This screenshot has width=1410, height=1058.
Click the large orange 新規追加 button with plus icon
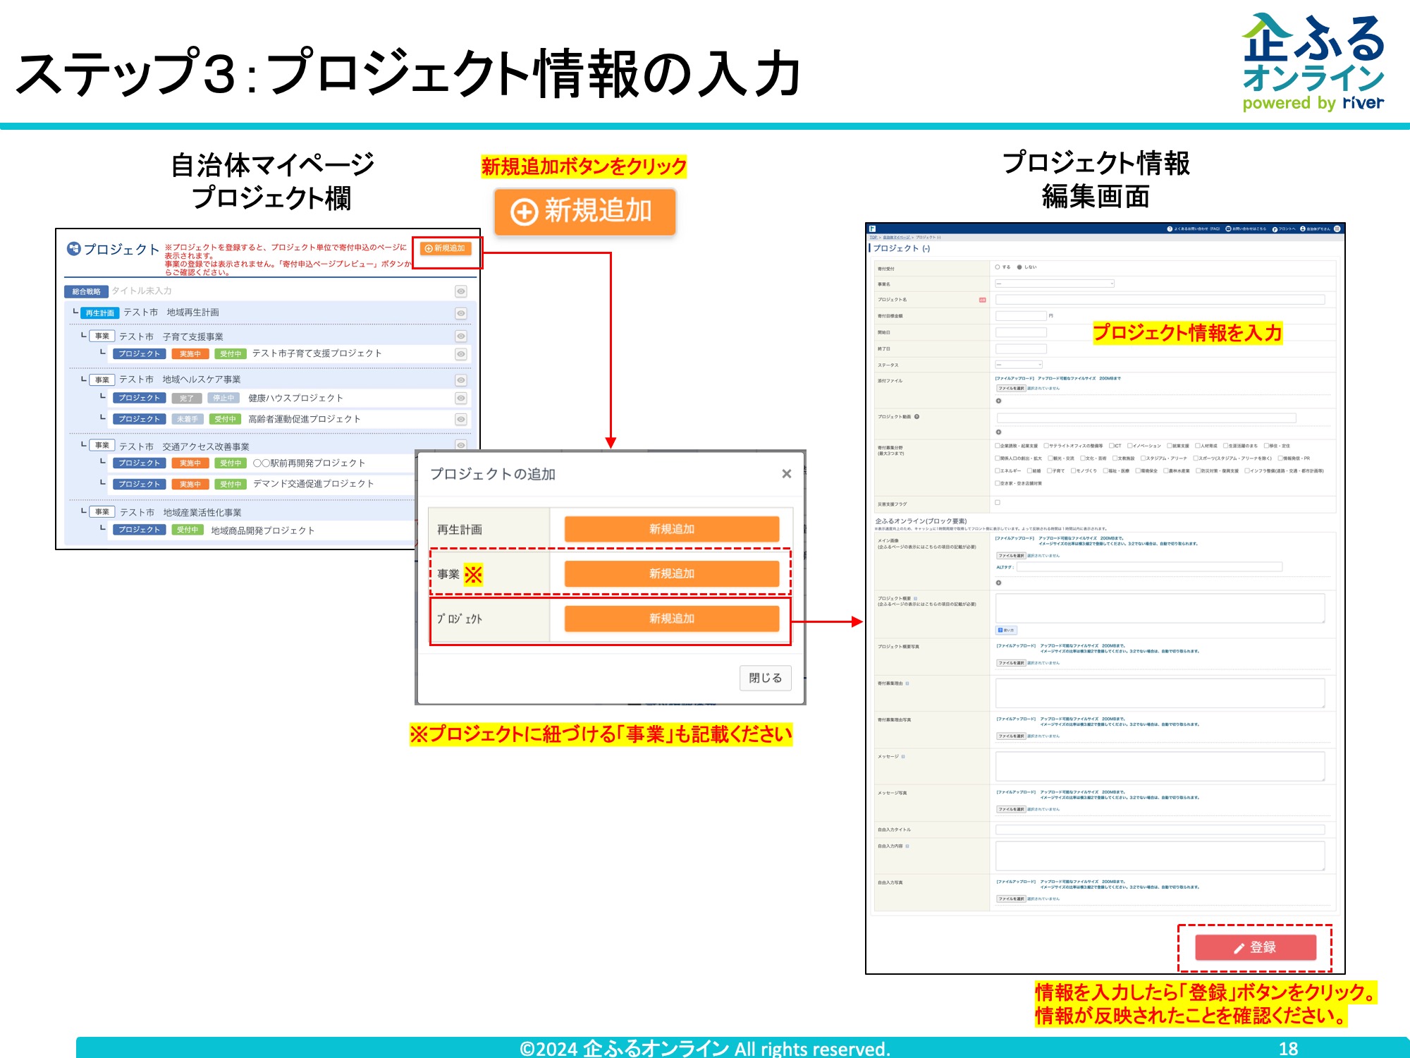(x=584, y=212)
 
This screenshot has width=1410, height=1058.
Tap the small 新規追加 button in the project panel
(x=446, y=248)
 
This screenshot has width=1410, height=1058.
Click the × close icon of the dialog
(x=787, y=474)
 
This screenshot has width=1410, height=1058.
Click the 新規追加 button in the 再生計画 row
(x=671, y=529)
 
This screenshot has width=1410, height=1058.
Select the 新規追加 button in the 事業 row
(x=671, y=573)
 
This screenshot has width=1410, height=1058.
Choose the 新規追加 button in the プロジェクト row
(x=671, y=619)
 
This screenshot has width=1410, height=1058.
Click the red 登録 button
(x=1255, y=947)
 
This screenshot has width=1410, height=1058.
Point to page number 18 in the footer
(x=1288, y=1048)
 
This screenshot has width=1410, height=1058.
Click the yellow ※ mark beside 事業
(x=473, y=574)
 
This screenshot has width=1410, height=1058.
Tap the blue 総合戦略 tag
(x=86, y=291)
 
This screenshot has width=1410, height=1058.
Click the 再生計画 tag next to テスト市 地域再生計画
(x=99, y=313)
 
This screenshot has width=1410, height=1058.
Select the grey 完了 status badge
(x=187, y=399)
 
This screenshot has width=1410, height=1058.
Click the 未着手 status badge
(x=188, y=419)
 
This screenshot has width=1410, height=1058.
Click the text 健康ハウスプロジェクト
(x=295, y=399)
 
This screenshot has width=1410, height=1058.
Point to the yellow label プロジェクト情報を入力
(x=1187, y=332)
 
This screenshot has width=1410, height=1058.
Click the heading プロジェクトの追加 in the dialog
(x=493, y=474)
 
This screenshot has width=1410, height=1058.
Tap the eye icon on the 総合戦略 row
(x=460, y=291)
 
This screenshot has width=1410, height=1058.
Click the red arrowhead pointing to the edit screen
(x=857, y=621)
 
